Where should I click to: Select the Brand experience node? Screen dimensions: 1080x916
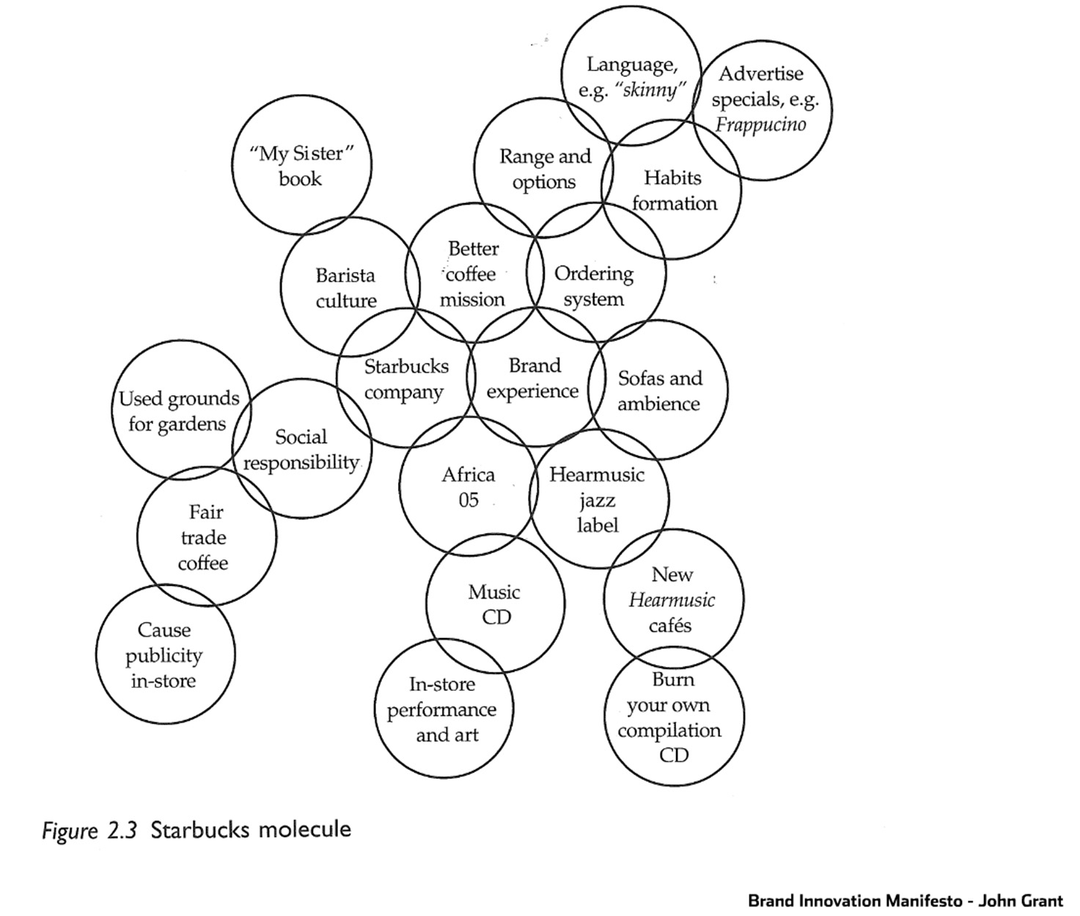(536, 377)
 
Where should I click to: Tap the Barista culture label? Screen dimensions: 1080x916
(345, 288)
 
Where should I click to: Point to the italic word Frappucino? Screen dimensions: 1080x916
(760, 125)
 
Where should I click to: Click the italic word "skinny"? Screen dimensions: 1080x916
(650, 90)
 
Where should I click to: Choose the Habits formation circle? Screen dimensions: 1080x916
(672, 189)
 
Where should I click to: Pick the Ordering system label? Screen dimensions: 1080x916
(594, 286)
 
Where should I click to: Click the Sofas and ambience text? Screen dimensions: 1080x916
(660, 391)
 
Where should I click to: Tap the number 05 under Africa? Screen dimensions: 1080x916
(469, 500)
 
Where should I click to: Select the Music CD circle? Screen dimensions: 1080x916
(496, 604)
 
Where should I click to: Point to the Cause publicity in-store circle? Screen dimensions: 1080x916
(165, 654)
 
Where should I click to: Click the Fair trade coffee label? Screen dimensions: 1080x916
(204, 537)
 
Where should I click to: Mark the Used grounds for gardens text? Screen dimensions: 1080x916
(178, 411)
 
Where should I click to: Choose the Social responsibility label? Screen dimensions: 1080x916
(301, 450)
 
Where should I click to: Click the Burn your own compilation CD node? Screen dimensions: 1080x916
(674, 716)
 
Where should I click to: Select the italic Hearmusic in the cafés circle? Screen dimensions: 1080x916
(672, 601)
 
